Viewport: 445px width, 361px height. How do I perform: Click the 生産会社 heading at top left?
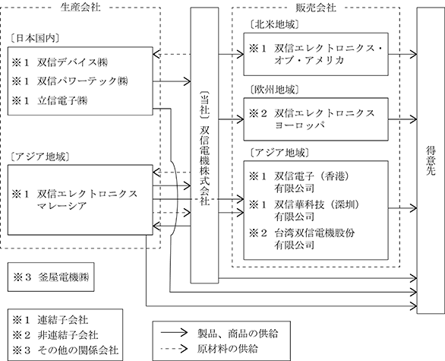pyautogui.click(x=80, y=7)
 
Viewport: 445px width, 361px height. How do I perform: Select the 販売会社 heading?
pyautogui.click(x=316, y=8)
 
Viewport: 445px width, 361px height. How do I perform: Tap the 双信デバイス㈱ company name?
pyautogui.click(x=73, y=62)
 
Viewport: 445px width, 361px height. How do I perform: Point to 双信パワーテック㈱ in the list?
pyautogui.click(x=83, y=81)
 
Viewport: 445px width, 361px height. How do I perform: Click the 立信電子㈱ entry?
pyautogui.click(x=62, y=100)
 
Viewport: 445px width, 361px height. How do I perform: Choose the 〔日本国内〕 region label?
pyautogui.click(x=35, y=38)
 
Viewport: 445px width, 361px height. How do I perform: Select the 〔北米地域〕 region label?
pyautogui.click(x=274, y=25)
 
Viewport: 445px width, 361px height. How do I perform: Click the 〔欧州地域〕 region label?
pyautogui.click(x=274, y=90)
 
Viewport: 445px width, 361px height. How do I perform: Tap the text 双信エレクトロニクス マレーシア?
pyautogui.click(x=87, y=199)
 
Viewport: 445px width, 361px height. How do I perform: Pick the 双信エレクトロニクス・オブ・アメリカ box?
pyautogui.click(x=316, y=54)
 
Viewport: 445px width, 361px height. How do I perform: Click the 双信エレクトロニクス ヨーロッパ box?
pyautogui.click(x=316, y=119)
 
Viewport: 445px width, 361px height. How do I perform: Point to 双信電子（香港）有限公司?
pyautogui.click(x=311, y=182)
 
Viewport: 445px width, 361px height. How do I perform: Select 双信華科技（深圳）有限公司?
pyautogui.click(x=317, y=211)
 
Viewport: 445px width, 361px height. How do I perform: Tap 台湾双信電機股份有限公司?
pyautogui.click(x=314, y=239)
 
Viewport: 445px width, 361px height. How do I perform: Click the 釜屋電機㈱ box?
pyautogui.click(x=51, y=277)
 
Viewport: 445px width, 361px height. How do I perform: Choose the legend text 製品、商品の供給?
pyautogui.click(x=238, y=334)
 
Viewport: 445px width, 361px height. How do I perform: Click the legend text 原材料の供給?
pyautogui.click(x=228, y=349)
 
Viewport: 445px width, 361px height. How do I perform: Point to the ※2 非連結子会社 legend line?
pyautogui.click(x=55, y=335)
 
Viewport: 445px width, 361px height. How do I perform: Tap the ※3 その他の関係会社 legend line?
pyautogui.click(x=65, y=350)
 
